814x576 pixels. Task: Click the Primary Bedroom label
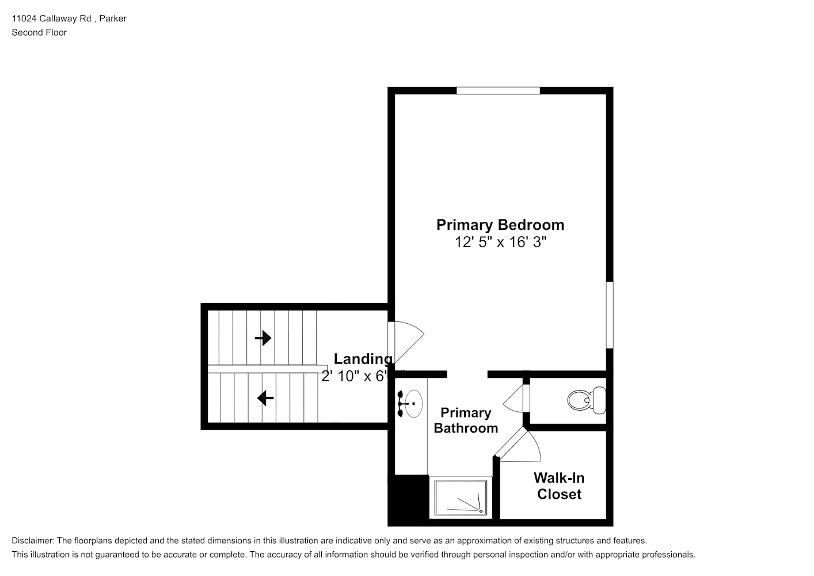[500, 225]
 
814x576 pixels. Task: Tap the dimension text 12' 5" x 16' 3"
[500, 242]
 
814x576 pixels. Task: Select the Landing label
[363, 359]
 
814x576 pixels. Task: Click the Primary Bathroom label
[466, 420]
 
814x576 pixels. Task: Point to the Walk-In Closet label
[559, 486]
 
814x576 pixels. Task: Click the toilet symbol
[587, 400]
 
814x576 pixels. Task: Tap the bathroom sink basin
[413, 403]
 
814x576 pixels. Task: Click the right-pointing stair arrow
[263, 338]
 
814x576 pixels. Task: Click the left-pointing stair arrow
[265, 398]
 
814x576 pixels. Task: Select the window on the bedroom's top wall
[498, 90]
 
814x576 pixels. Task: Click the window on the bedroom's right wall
[610, 315]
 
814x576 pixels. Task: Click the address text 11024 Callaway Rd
[51, 18]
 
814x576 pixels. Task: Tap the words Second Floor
[39, 32]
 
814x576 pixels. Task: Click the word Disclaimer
[33, 541]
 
